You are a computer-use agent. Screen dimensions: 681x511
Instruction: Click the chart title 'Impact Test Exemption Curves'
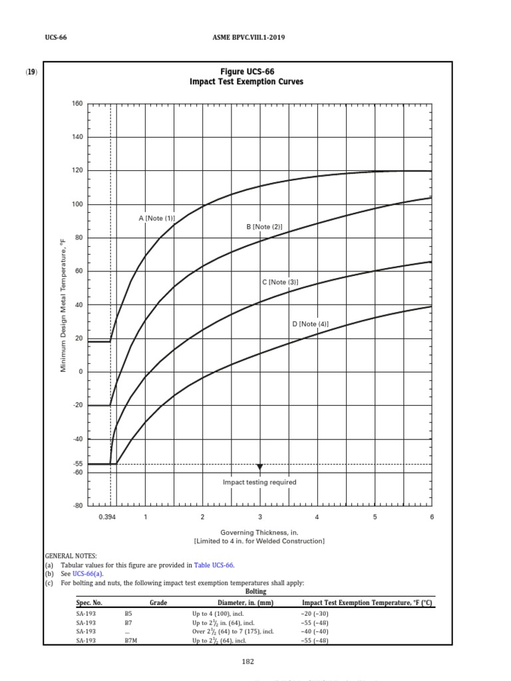point(247,82)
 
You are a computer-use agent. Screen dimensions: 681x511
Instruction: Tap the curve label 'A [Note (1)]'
point(156,218)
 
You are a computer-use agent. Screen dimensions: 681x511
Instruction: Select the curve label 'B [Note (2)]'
point(264,227)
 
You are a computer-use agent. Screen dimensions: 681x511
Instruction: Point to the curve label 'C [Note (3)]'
point(279,283)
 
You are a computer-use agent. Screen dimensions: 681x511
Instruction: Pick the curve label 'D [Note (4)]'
point(310,324)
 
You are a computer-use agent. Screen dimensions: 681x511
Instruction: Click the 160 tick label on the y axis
point(77,104)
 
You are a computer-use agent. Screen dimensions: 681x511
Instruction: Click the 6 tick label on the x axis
point(432,517)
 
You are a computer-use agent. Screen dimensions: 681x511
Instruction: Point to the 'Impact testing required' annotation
point(259,482)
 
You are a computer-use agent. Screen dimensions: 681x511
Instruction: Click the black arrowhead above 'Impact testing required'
point(259,467)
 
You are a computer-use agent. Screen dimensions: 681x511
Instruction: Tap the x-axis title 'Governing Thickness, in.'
point(259,533)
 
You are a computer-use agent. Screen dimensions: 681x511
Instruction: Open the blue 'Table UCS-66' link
point(214,565)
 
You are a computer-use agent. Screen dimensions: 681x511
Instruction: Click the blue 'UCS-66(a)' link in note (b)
point(88,573)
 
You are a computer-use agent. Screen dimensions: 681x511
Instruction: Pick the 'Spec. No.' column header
point(88,603)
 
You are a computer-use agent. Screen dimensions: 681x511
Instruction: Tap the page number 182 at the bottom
point(248,662)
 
